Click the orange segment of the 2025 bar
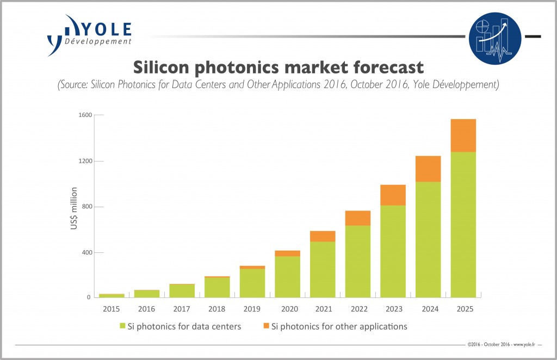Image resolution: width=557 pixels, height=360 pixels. (463, 135)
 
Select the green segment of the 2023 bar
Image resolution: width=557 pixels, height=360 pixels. (393, 251)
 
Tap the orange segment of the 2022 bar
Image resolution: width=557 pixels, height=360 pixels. (357, 218)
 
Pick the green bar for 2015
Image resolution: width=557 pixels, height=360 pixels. (111, 295)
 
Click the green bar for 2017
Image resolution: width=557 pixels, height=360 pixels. (182, 290)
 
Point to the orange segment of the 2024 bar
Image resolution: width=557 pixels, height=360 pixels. (428, 169)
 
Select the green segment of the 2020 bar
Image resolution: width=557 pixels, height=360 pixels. (287, 276)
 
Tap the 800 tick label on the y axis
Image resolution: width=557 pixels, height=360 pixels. (85, 207)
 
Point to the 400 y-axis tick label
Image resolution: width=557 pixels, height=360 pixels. (85, 252)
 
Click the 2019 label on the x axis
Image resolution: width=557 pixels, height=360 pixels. (252, 308)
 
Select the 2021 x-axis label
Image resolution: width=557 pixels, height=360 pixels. (323, 308)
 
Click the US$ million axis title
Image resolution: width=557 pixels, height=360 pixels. (74, 208)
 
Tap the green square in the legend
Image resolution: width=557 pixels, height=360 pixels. (122, 327)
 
